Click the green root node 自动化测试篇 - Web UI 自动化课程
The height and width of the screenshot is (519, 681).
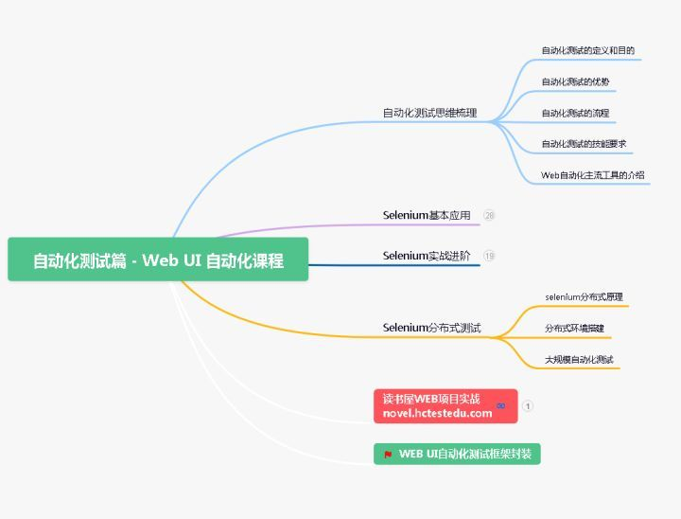(158, 260)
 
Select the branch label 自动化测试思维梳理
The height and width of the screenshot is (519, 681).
(429, 113)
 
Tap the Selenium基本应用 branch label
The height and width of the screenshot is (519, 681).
(427, 215)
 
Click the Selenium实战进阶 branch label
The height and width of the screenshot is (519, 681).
(427, 256)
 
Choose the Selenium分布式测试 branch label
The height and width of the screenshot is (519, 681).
(431, 328)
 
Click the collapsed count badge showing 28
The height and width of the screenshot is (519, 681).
(489, 216)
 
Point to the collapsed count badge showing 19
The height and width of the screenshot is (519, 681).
(489, 256)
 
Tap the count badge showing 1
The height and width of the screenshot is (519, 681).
(528, 406)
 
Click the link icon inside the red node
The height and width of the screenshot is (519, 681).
(500, 406)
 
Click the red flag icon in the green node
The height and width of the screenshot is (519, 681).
(388, 455)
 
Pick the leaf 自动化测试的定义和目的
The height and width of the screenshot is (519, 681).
(587, 50)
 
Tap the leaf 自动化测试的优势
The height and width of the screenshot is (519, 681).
(575, 81)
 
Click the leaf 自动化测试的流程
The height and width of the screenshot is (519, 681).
(575, 113)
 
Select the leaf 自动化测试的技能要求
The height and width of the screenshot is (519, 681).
(584, 144)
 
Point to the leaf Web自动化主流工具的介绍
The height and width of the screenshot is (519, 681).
(592, 175)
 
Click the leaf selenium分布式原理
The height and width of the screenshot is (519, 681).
(584, 296)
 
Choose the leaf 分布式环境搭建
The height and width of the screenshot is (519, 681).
(574, 328)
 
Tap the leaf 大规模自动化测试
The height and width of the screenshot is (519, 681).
(579, 359)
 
